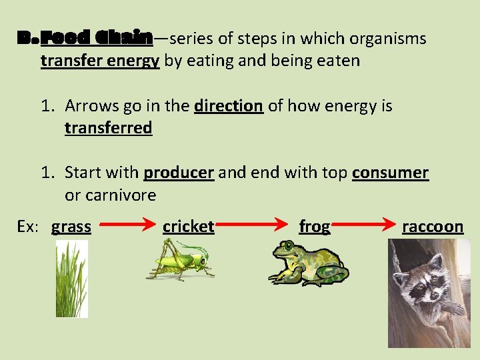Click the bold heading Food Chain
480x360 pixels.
click(x=96, y=38)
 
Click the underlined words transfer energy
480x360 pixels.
click(x=100, y=61)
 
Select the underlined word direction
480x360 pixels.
click(x=229, y=105)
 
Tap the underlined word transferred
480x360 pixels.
click(x=108, y=127)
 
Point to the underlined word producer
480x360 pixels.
click(x=179, y=172)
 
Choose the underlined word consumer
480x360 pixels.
click(x=390, y=172)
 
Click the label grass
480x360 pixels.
click(x=71, y=227)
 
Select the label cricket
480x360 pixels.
click(x=188, y=227)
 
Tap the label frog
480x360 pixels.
click(x=314, y=227)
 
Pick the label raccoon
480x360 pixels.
click(x=432, y=227)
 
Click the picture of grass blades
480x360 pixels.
click(x=71, y=278)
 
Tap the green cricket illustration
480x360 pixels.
click(x=181, y=261)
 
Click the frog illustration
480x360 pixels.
click(x=307, y=262)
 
